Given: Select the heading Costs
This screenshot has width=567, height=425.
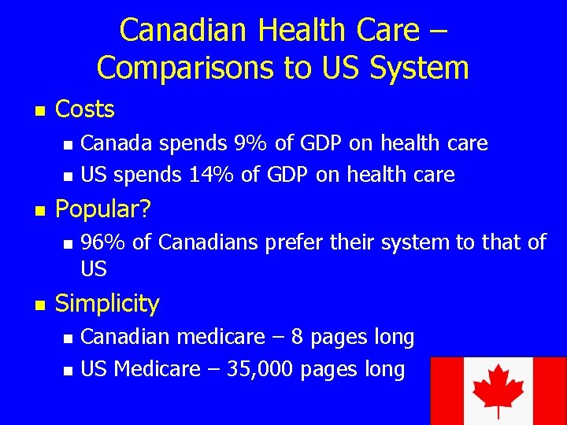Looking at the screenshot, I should [x=85, y=109].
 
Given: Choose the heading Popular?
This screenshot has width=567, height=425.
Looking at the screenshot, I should [x=102, y=209].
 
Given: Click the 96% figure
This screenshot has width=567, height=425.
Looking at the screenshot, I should [x=102, y=242].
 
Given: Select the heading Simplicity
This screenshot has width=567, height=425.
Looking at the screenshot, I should [x=107, y=303].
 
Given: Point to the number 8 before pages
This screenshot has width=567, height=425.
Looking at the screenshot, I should [x=298, y=337].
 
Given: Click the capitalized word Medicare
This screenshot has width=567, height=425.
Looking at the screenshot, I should [x=157, y=368].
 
